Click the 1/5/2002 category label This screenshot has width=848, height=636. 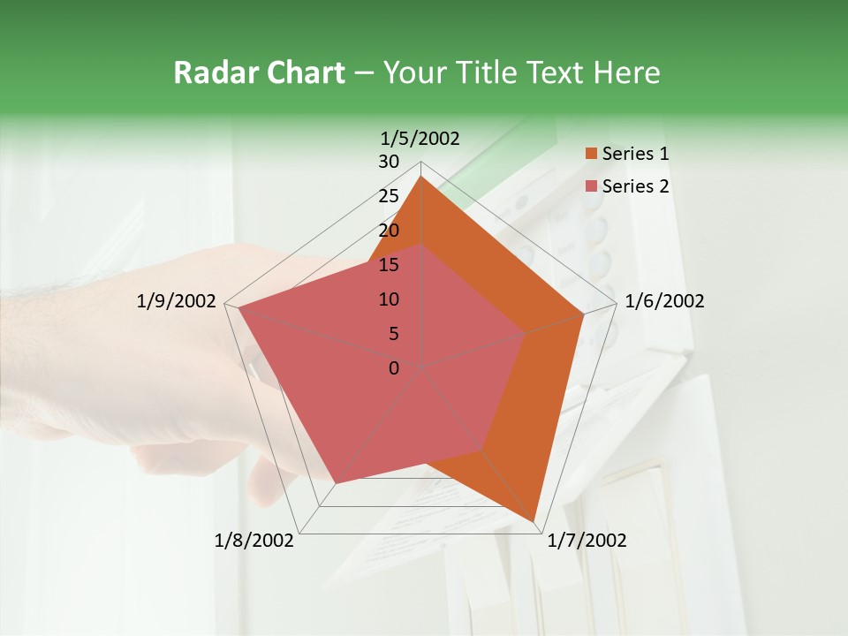[x=420, y=138]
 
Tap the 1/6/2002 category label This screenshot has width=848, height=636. [x=664, y=301]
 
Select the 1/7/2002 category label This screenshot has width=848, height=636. [x=587, y=541]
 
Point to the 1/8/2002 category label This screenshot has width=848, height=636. [x=254, y=541]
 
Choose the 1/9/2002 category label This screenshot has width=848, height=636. [x=176, y=301]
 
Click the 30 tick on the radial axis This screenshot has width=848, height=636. [x=389, y=162]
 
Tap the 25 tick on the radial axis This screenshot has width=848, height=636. [x=389, y=196]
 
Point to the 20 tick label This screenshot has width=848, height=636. [x=389, y=231]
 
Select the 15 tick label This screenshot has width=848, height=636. [x=389, y=265]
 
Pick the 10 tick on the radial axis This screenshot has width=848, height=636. [x=389, y=299]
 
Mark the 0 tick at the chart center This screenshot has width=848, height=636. [x=394, y=368]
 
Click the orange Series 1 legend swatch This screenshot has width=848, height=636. [x=591, y=155]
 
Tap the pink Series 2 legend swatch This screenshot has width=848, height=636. [x=591, y=186]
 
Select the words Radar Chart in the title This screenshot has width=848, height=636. [x=259, y=72]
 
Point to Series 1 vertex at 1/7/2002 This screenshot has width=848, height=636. [x=534, y=520]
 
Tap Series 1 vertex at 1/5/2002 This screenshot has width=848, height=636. [x=421, y=177]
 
